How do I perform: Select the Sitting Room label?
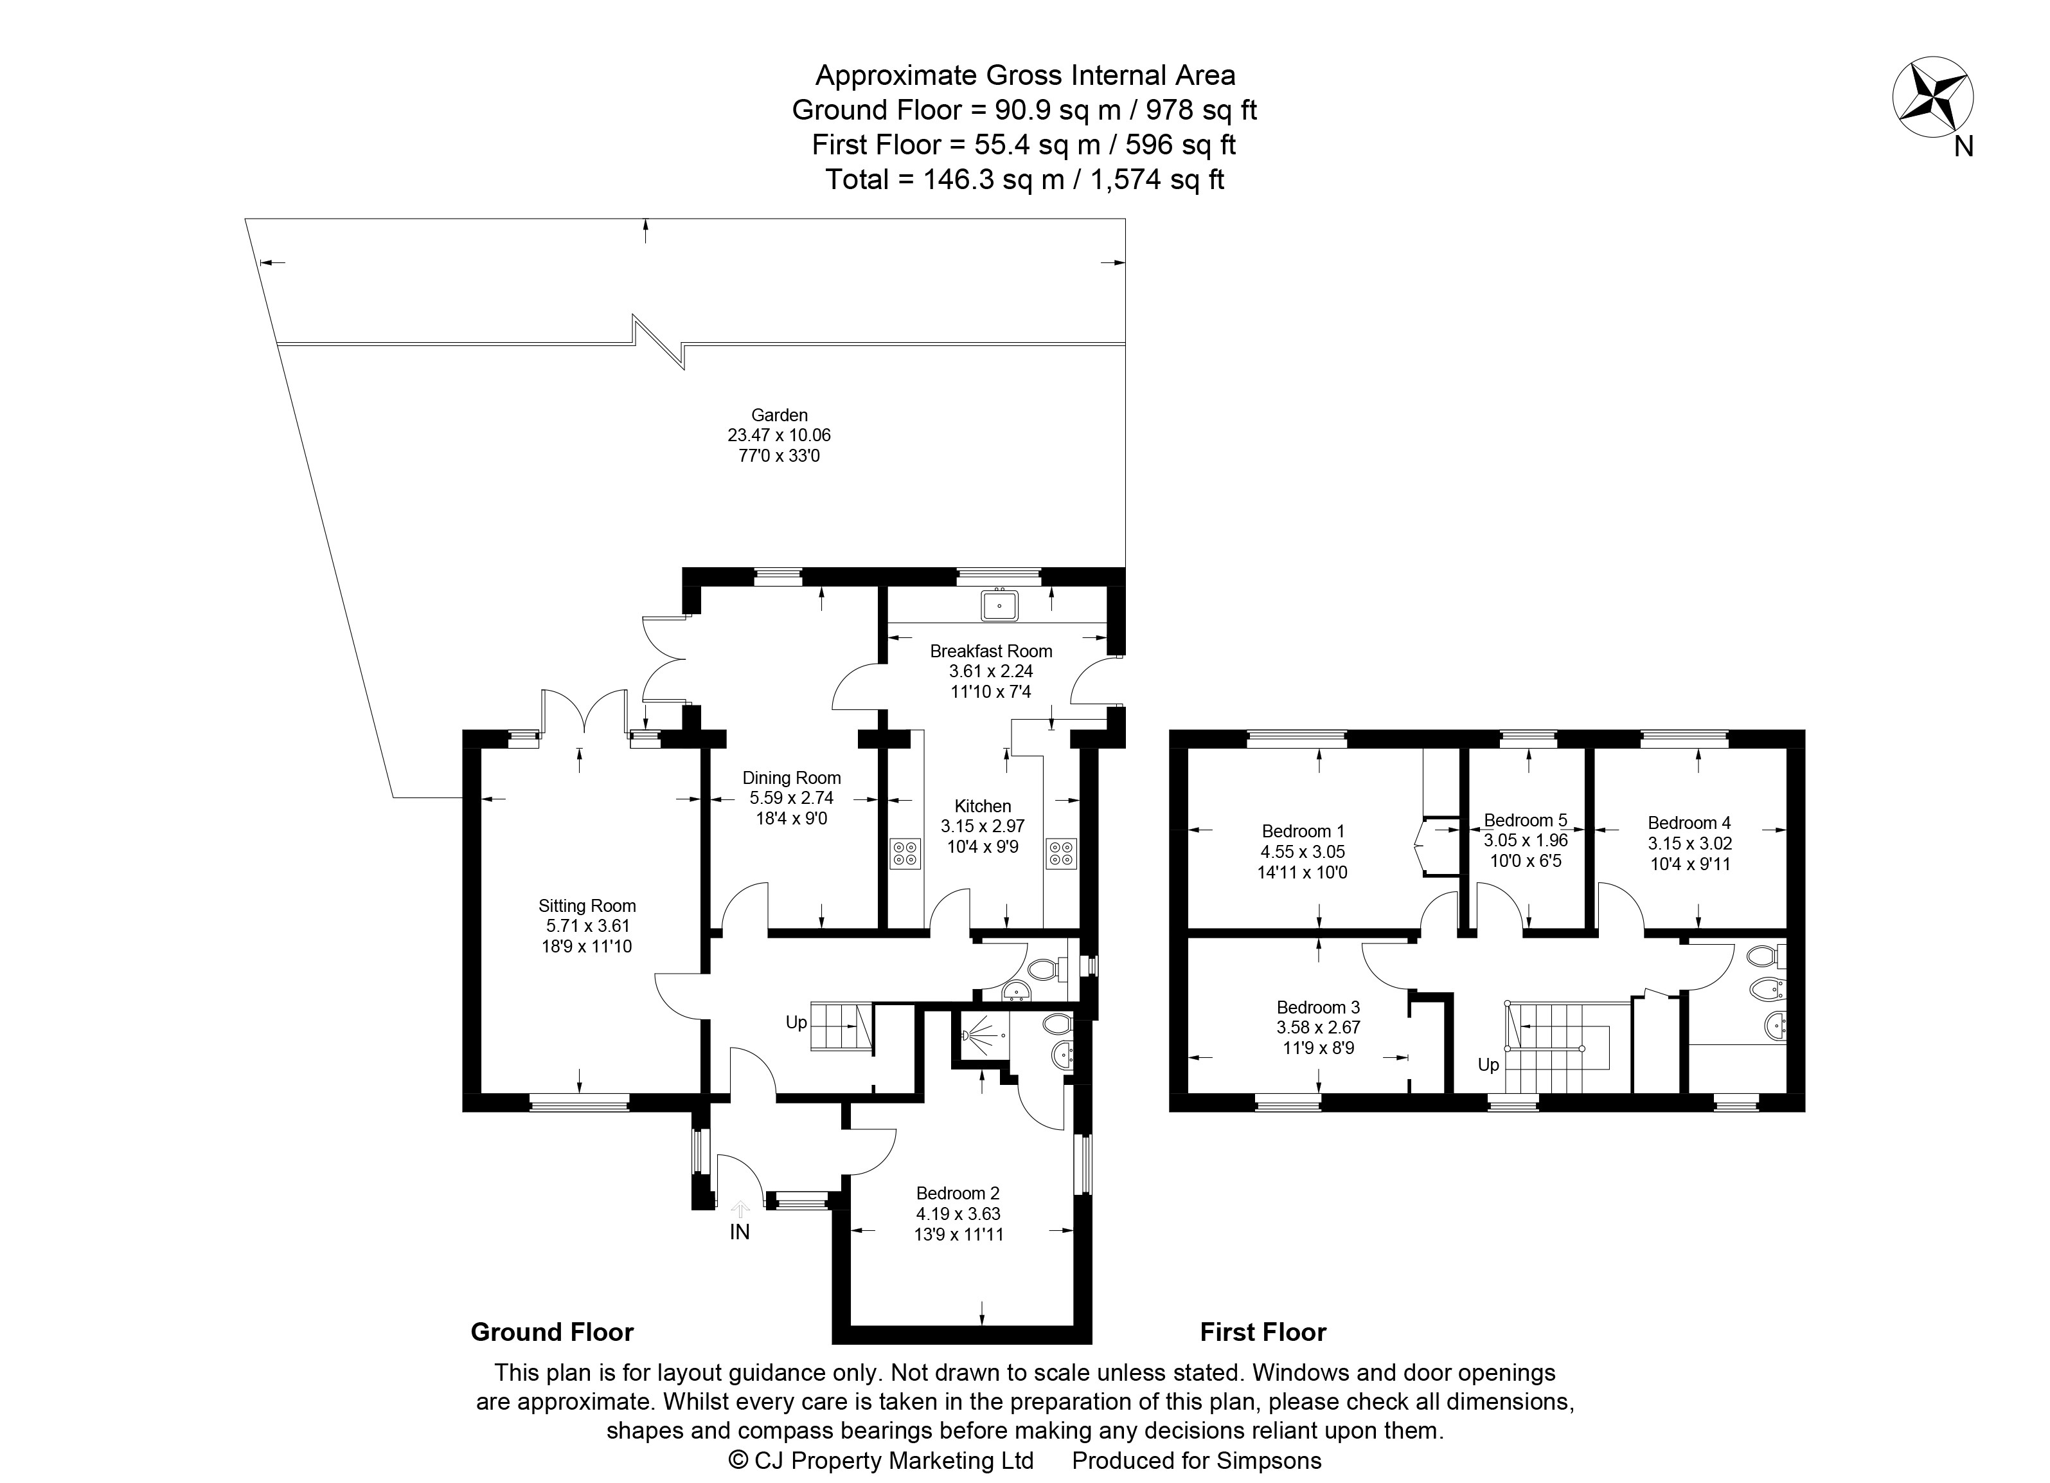(x=587, y=906)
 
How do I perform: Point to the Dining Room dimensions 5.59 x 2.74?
(x=792, y=797)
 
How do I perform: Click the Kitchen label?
(x=983, y=806)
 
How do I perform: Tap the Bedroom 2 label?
(x=958, y=1194)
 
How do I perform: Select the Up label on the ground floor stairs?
(x=796, y=1023)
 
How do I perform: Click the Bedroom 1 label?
(x=1303, y=831)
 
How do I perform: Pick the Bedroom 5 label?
(x=1526, y=820)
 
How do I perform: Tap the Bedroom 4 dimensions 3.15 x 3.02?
(x=1689, y=842)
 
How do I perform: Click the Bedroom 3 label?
(x=1318, y=1007)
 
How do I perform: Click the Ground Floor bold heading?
(x=552, y=1332)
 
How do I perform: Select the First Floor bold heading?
(x=1263, y=1332)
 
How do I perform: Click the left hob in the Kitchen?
(x=905, y=853)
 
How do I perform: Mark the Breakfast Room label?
(x=991, y=651)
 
